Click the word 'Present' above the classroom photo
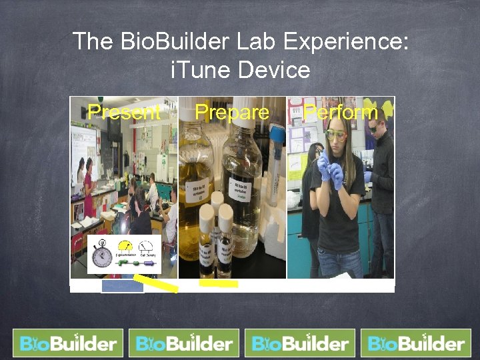(124, 112)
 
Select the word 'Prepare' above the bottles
(231, 112)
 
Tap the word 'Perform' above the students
(341, 112)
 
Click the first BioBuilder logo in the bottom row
(68, 343)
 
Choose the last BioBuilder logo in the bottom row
(415, 343)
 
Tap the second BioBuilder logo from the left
(184, 343)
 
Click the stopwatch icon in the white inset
(102, 255)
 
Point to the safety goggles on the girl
(336, 135)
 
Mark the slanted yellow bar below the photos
(156, 283)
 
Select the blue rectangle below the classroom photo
(122, 287)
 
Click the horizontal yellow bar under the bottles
(219, 283)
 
